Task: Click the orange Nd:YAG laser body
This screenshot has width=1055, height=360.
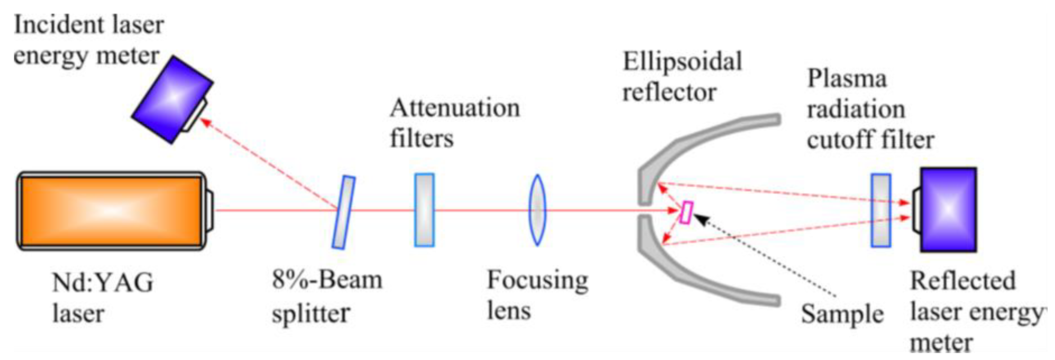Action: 111,211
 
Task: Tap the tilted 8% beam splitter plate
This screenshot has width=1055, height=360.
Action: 343,212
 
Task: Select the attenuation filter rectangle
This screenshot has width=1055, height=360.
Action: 424,210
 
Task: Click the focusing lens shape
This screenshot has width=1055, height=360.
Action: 537,210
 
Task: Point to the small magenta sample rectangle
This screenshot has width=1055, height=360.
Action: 686,212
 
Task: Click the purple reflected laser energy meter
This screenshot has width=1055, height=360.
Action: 948,210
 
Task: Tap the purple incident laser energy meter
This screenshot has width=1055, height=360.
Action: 172,100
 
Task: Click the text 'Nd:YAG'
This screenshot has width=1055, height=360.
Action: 103,283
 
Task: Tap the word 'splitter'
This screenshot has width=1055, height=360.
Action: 311,314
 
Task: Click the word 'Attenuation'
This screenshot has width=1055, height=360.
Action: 455,108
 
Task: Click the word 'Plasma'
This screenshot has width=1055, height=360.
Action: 847,78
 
